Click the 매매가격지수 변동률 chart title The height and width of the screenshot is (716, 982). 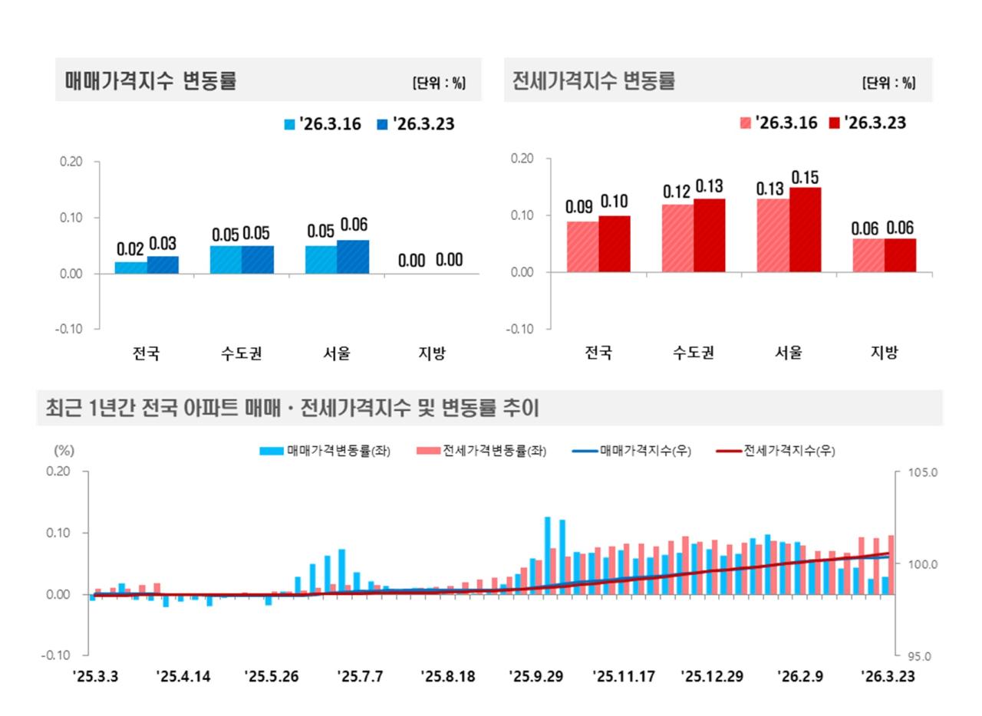tap(150, 80)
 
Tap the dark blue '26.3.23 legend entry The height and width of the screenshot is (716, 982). tap(415, 123)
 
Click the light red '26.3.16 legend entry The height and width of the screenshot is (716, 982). tap(778, 123)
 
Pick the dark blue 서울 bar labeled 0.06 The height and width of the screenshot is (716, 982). tap(353, 257)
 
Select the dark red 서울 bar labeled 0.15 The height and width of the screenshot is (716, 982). tap(805, 229)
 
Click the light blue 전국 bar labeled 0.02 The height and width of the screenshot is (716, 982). tap(130, 268)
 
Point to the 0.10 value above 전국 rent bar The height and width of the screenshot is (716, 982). tap(615, 202)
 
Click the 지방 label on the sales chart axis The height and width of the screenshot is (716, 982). tap(432, 353)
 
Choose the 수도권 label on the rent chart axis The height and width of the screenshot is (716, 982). tap(694, 353)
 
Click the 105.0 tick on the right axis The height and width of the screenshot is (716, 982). tap(922, 472)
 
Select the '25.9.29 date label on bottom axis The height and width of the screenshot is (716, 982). tap(535, 677)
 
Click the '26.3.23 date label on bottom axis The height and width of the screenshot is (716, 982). tap(888, 677)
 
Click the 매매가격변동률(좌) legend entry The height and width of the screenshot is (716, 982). tap(325, 451)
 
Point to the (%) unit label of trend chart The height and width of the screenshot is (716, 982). tap(64, 451)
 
